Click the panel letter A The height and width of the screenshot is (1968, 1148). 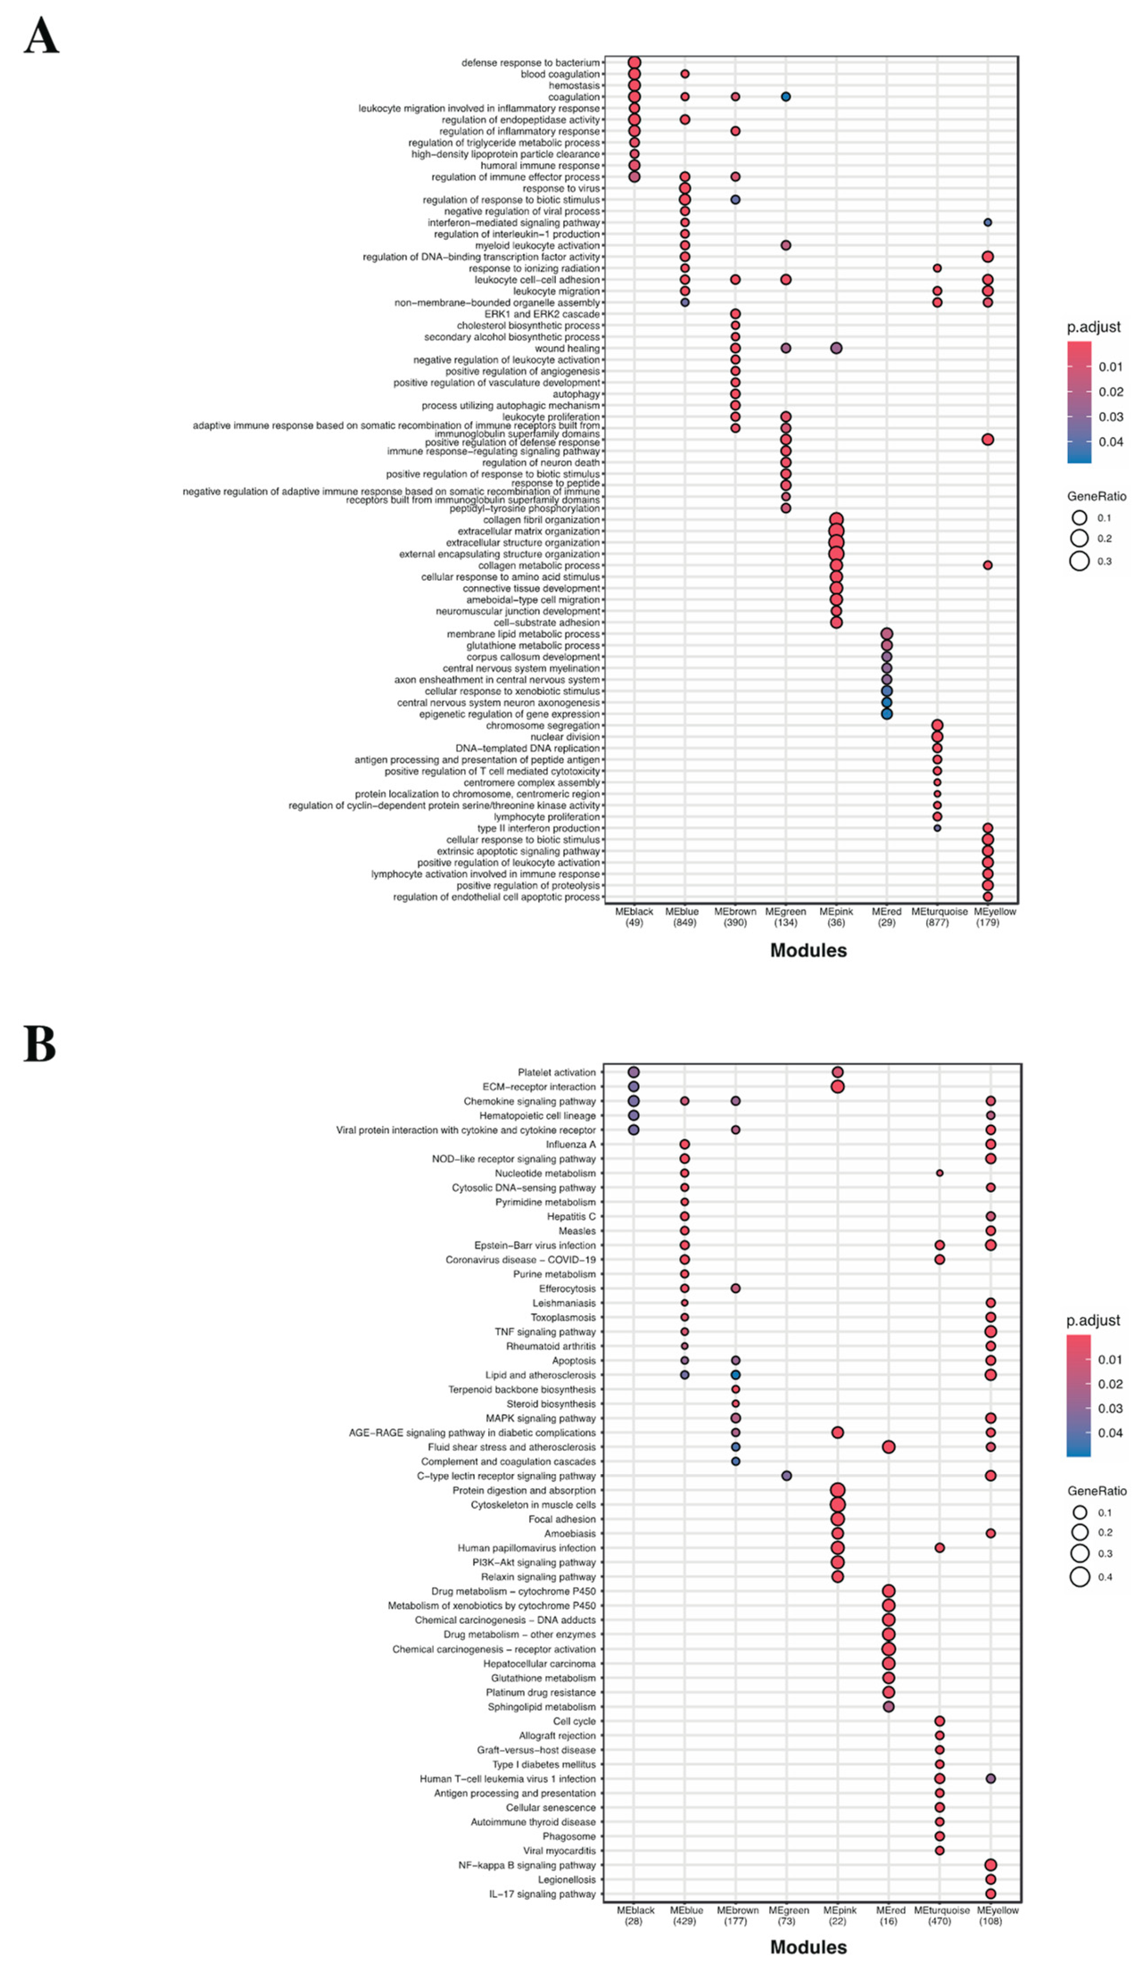pos(41,36)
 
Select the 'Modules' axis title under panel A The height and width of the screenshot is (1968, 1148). pos(808,951)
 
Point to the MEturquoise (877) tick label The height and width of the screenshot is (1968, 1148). pos(937,917)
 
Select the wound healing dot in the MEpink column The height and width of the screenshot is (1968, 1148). pos(836,348)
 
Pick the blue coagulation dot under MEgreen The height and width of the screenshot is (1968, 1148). pos(786,97)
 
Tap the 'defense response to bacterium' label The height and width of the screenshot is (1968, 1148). pos(530,63)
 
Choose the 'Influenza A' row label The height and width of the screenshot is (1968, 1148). pos(570,1144)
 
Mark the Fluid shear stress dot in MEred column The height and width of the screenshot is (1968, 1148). pos(888,1447)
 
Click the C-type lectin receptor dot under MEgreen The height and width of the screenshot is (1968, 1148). pos(786,1476)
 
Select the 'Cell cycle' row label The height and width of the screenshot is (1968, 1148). pos(574,1721)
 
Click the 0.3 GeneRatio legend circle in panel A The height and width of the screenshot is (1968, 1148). pos(1079,561)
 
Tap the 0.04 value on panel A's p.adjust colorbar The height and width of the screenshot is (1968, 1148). pos(1111,442)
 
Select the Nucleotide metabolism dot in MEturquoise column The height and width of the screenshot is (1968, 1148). pos(939,1173)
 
